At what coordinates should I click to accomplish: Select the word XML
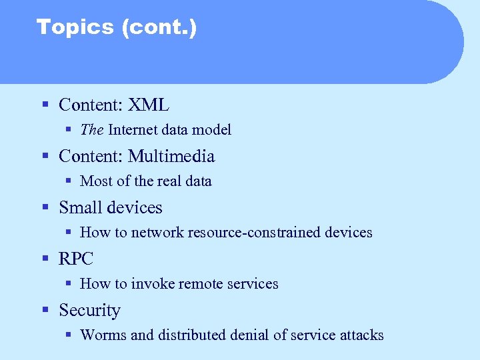tap(149, 105)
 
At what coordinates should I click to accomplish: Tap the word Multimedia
tap(171, 156)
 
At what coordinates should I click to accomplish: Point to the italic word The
tap(92, 130)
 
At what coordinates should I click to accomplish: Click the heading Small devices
tap(111, 207)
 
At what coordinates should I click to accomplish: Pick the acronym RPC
tap(76, 259)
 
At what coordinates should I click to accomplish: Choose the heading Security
tap(89, 311)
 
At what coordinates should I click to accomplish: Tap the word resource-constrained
tap(255, 233)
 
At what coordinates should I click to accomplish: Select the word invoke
tap(154, 284)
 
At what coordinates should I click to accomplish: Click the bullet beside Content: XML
tap(45, 105)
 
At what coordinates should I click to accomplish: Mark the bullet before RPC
tap(45, 259)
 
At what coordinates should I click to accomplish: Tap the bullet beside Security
tap(45, 311)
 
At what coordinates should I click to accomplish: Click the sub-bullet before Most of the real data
tap(69, 181)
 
